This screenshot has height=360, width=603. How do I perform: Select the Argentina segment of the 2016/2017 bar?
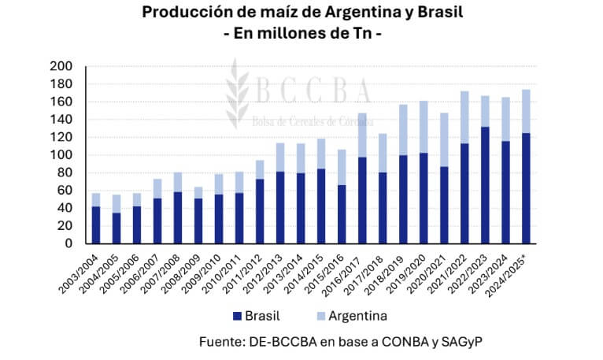[x=363, y=135]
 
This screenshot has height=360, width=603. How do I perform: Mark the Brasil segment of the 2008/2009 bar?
[x=198, y=221]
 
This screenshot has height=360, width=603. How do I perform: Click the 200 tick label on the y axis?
[x=61, y=66]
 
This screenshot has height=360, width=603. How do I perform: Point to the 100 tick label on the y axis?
[x=61, y=155]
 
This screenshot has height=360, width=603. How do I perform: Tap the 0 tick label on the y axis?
[x=68, y=243]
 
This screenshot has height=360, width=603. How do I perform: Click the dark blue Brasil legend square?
[x=235, y=316]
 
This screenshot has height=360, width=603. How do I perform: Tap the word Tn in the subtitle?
[x=361, y=35]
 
